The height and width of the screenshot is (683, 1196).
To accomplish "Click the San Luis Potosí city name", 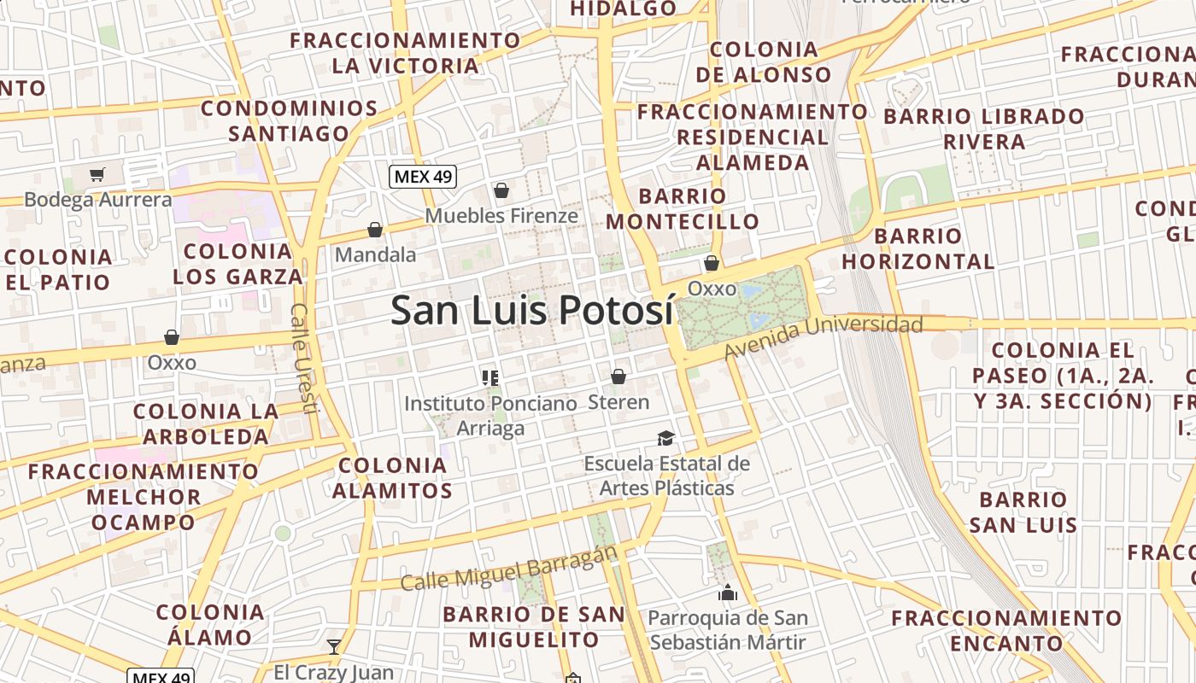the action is pos(532,311).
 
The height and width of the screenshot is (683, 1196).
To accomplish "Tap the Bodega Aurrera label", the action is pos(98,200).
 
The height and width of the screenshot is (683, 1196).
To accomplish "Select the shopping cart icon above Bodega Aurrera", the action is pos(97,175).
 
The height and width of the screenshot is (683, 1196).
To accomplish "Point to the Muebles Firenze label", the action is pos(501,216).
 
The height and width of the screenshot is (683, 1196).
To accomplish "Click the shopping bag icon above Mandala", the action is pos(374,230).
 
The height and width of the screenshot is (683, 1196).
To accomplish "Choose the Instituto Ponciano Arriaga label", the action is pos(490,415).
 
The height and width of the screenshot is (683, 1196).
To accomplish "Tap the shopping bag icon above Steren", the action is pos(619,377).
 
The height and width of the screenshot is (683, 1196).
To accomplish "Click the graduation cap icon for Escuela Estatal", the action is pos(665,439).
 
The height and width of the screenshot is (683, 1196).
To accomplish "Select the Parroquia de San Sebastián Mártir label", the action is pos(728,630).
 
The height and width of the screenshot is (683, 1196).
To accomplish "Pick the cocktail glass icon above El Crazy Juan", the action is pos(334,647).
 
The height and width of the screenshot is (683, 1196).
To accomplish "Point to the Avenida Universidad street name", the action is pos(824,336).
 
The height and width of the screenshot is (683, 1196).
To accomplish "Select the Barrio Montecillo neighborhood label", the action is pos(683,209).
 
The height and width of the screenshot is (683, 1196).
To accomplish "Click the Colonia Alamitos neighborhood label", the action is pos(392,478).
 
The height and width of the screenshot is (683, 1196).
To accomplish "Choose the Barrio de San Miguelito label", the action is pos(534,627).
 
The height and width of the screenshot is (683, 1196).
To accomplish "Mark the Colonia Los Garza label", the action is pos(237,264).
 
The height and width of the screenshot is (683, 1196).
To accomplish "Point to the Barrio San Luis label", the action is pos(1023,512).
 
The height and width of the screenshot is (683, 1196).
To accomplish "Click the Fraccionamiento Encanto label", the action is pos(1007,630).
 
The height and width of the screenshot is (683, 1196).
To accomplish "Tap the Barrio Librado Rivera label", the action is pos(984,129).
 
